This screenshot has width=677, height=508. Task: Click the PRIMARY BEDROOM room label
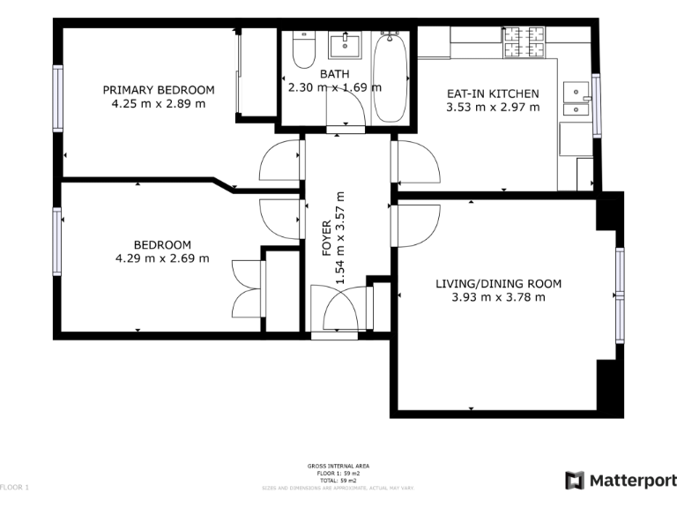pyautogui.click(x=159, y=90)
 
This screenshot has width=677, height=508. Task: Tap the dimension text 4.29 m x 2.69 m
pyautogui.click(x=161, y=258)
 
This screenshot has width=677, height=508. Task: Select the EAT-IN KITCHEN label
pyautogui.click(x=493, y=93)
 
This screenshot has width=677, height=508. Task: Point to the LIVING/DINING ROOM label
pyautogui.click(x=498, y=283)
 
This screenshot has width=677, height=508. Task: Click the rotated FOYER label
pyautogui.click(x=326, y=239)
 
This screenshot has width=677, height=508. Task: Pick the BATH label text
pyautogui.click(x=334, y=73)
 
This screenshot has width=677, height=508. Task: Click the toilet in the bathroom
pyautogui.click(x=302, y=50)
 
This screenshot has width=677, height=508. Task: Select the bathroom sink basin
pyautogui.click(x=344, y=44)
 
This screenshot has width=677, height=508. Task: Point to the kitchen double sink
pyautogui.click(x=577, y=100)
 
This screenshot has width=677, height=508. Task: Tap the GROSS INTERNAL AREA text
pyautogui.click(x=338, y=466)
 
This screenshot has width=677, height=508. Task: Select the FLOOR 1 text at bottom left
pyautogui.click(x=15, y=487)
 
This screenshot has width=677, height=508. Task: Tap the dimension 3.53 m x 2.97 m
pyautogui.click(x=493, y=108)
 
